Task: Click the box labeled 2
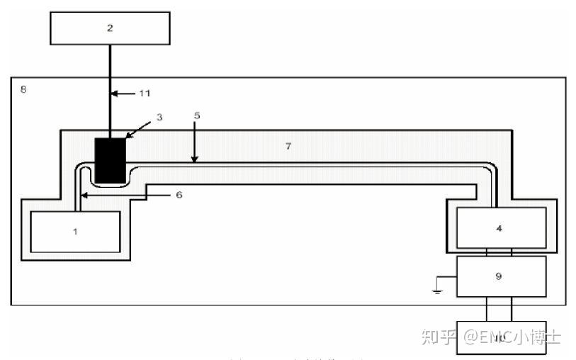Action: pyautogui.click(x=110, y=29)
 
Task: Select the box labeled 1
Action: pyautogui.click(x=75, y=232)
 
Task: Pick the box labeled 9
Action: pyautogui.click(x=499, y=276)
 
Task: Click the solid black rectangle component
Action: pyautogui.click(x=111, y=159)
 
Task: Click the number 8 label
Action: pyautogui.click(x=23, y=90)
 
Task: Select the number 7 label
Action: pyautogui.click(x=288, y=146)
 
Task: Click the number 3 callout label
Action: pyautogui.click(x=160, y=117)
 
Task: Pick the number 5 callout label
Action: pyautogui.click(x=197, y=114)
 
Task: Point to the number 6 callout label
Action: pyautogui.click(x=179, y=193)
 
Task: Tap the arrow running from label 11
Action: pyautogui.click(x=126, y=93)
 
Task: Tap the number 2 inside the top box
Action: pyautogui.click(x=110, y=29)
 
